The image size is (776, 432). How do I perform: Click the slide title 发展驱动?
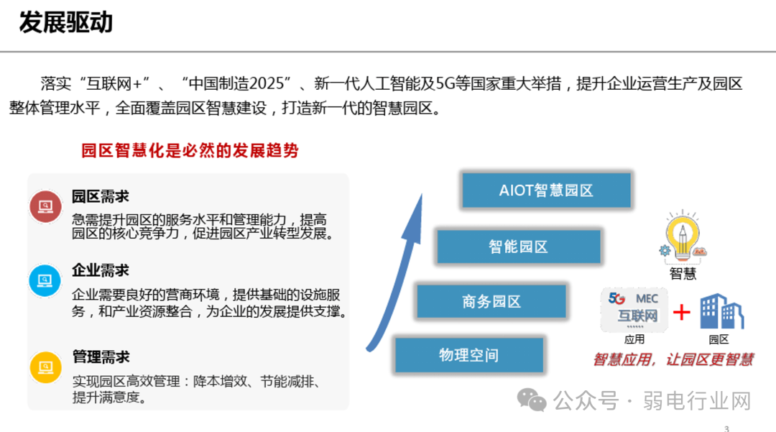(x=66, y=23)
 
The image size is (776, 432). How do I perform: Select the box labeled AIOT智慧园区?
(x=546, y=190)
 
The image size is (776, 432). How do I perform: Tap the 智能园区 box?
(x=518, y=247)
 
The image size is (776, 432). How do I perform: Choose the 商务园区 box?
(x=491, y=301)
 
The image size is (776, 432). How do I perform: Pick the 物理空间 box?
(x=468, y=355)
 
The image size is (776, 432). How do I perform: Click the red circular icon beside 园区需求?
(x=45, y=207)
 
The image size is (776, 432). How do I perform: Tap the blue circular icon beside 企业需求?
(x=45, y=280)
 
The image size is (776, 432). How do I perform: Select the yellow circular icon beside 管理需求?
(x=45, y=367)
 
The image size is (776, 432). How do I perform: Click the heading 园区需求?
(x=101, y=197)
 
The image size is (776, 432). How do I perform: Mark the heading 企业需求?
(x=101, y=270)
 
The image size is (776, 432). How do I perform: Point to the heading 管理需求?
(x=101, y=357)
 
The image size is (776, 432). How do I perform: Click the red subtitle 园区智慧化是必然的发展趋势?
(x=190, y=151)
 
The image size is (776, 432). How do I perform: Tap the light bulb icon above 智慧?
(x=683, y=237)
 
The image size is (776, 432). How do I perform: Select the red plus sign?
(x=681, y=312)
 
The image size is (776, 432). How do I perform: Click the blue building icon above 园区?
(x=721, y=311)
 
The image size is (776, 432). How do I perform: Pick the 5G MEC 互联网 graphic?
(x=633, y=309)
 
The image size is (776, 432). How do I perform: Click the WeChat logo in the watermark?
(x=533, y=400)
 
